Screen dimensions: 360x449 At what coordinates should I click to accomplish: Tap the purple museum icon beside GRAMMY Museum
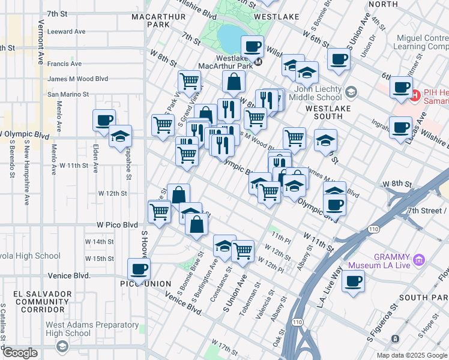pyautogui.click(x=419, y=260)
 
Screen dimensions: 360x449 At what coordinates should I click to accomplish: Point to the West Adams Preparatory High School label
pyautogui.click(x=68, y=329)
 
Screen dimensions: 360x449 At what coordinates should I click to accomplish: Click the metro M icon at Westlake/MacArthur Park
pyautogui.click(x=258, y=61)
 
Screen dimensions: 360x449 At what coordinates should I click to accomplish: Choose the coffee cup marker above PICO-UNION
pyautogui.click(x=139, y=269)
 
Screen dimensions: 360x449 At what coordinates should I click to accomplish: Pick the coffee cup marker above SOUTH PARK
pyautogui.click(x=353, y=281)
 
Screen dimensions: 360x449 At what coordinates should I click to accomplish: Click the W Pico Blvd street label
pyautogui.click(x=118, y=225)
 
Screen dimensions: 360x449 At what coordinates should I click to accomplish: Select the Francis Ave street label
pyautogui.click(x=65, y=64)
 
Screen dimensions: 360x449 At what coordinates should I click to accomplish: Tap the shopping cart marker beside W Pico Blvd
pyautogui.click(x=159, y=211)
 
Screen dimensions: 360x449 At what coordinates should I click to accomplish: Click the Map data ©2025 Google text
pyautogui.click(x=412, y=355)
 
